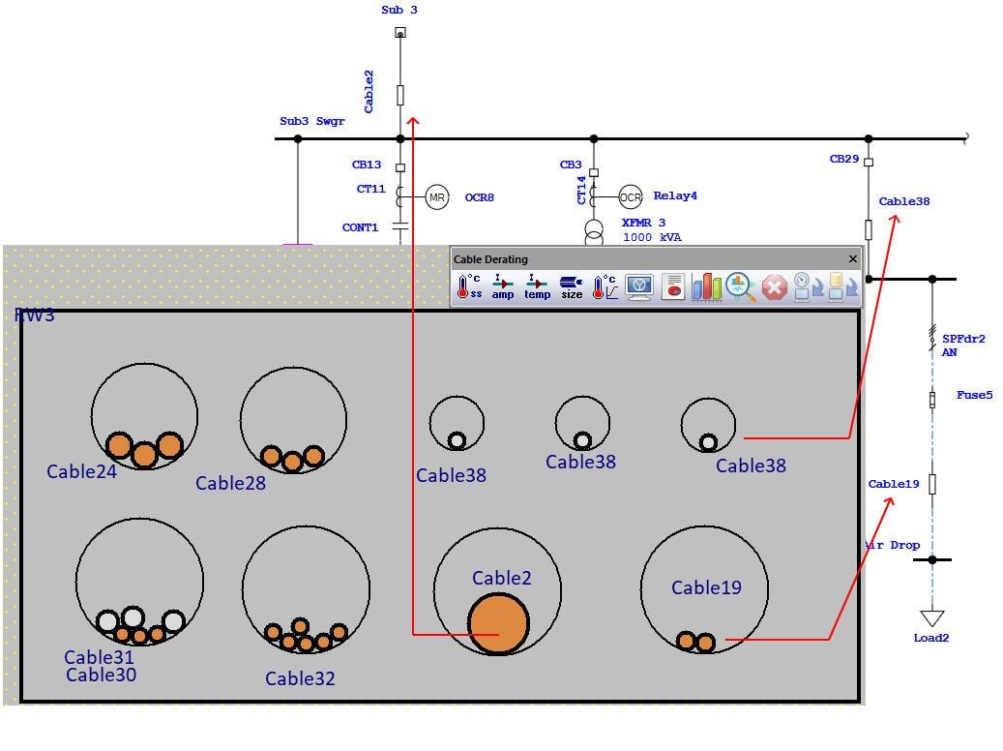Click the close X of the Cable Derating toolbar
click(x=852, y=259)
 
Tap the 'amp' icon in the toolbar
click(x=503, y=286)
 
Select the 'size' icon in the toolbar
click(x=572, y=286)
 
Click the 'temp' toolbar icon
click(x=538, y=286)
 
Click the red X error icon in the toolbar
click(x=774, y=286)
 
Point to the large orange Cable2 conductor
click(x=498, y=624)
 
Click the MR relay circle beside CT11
click(x=437, y=197)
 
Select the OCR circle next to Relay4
click(x=631, y=196)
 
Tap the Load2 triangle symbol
click(x=931, y=618)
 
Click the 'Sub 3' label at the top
click(x=399, y=10)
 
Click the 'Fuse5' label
click(x=974, y=395)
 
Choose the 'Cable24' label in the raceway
click(x=81, y=471)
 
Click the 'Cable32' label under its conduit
click(x=300, y=678)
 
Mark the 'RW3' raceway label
click(x=35, y=315)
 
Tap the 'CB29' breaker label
click(x=843, y=159)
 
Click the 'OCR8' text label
click(x=480, y=197)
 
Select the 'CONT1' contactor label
click(x=360, y=228)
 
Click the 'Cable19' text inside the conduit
click(x=706, y=587)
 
